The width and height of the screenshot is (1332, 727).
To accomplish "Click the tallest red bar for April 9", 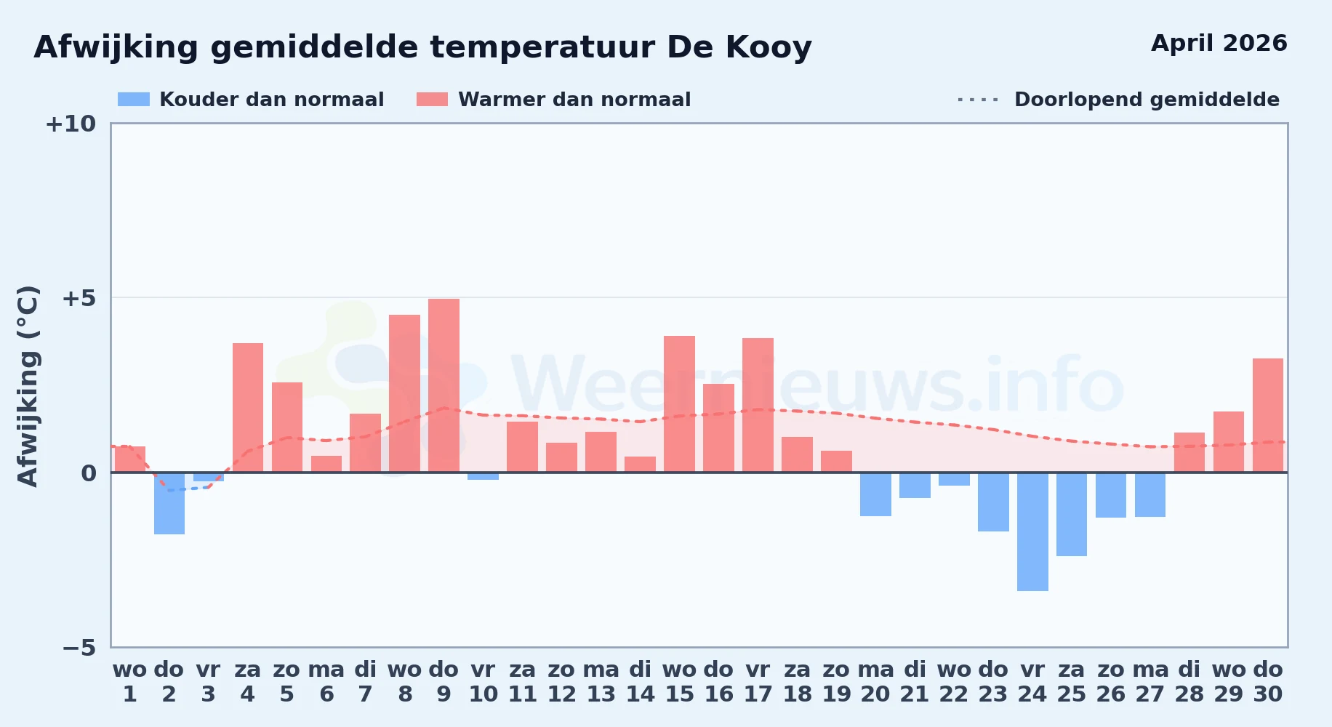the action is coord(444,385).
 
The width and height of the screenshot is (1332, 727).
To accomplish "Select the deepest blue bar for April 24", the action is coord(1032,531).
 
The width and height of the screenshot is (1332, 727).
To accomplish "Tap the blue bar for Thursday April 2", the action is coord(169,503).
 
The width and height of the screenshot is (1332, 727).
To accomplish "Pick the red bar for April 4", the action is coord(248,408).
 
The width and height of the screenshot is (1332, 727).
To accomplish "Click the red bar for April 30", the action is coord(1268,415).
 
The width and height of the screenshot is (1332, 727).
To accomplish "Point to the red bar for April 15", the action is coord(679,404).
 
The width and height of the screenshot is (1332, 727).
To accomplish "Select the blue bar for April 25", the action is coord(1072,514).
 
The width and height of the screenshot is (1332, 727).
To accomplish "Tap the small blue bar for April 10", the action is coord(483,476).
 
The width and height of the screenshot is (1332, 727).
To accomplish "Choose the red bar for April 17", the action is coord(758,405).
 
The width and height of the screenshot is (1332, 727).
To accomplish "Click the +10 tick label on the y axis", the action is coord(71,124).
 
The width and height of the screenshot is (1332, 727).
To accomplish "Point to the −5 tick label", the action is coord(79,647).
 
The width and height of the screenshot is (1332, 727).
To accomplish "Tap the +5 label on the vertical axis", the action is coord(79,298).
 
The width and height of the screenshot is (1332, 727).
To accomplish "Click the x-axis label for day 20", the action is coord(875,682).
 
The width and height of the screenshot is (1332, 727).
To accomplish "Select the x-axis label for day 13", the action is coord(601,682).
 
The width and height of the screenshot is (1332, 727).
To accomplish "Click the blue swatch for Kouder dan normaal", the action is coord(134,100).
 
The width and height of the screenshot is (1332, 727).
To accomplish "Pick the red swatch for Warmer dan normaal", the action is coord(433,100).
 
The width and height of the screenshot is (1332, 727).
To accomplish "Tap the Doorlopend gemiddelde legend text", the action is coord(1147,100).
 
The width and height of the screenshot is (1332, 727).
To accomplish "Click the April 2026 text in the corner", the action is coord(1219,44).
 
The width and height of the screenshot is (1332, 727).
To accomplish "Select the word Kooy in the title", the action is coord(769,48).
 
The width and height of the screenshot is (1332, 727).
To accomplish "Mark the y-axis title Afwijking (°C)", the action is coord(28,385).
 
